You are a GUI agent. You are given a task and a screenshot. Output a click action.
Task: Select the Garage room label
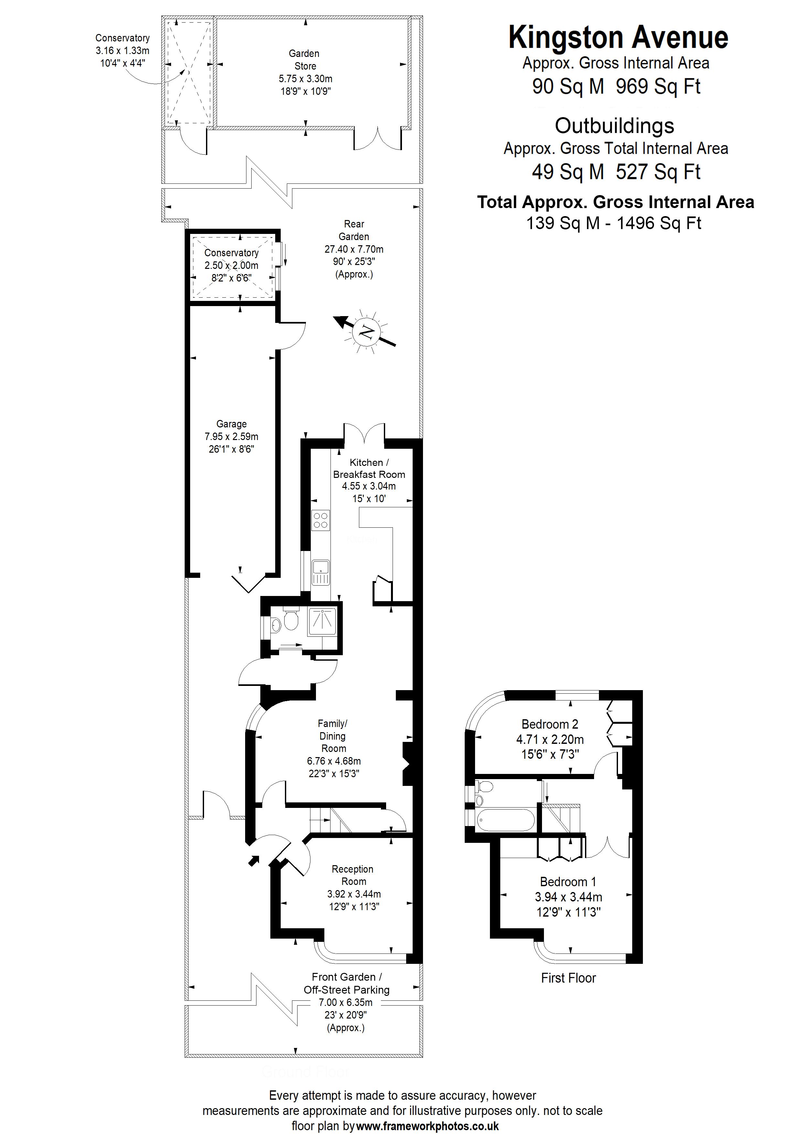pyautogui.click(x=231, y=424)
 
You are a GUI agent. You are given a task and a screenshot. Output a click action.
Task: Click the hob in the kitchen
pyautogui.click(x=320, y=520)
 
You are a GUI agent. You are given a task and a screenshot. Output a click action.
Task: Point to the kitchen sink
pyautogui.click(x=321, y=572)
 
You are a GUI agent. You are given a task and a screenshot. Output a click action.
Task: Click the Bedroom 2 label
pyautogui.click(x=549, y=724)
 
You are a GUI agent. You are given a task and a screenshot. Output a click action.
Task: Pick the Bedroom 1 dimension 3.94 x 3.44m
pyautogui.click(x=568, y=897)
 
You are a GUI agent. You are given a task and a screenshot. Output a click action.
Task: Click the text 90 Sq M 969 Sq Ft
pyautogui.click(x=616, y=86)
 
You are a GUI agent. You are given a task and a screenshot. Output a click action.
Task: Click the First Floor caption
pyautogui.click(x=568, y=978)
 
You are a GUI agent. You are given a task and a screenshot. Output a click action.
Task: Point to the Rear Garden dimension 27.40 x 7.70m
pyautogui.click(x=354, y=249)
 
